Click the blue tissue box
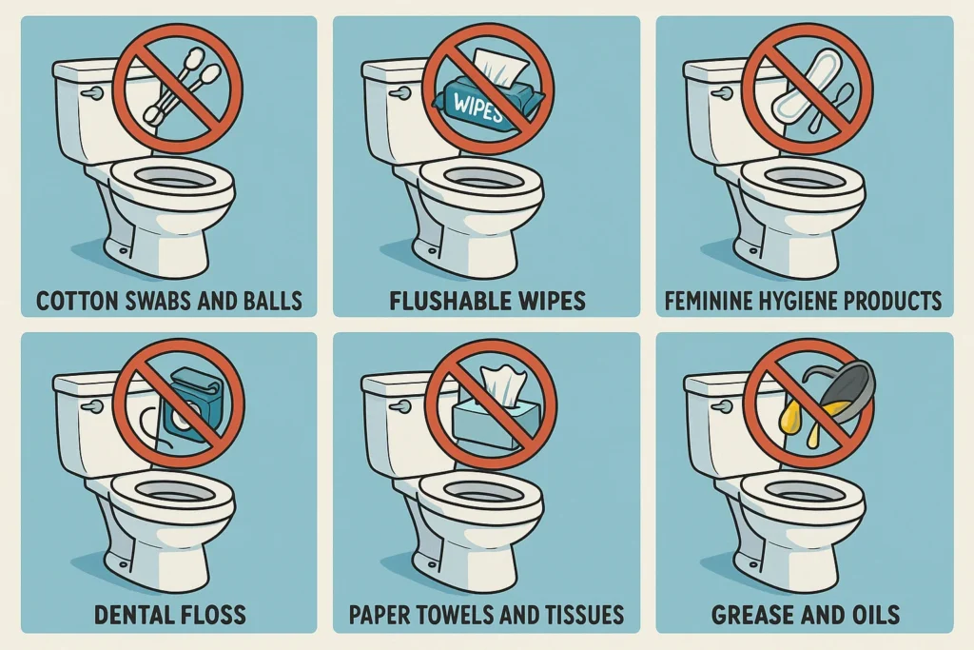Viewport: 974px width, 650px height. coord(495,423)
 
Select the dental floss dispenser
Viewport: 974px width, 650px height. coord(189,404)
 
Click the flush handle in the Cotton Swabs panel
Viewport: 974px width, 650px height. coord(92,93)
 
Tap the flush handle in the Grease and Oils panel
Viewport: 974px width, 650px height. coord(723,407)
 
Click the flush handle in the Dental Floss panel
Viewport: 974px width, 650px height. coord(92,407)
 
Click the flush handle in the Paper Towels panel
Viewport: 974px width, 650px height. coord(400,407)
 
